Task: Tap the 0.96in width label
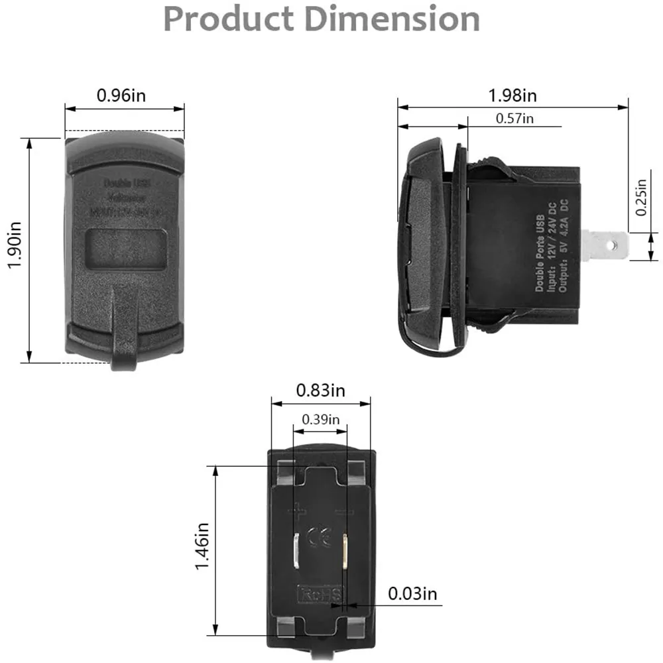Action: click(x=121, y=95)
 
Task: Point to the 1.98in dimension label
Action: click(x=512, y=95)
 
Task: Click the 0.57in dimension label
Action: click(x=514, y=119)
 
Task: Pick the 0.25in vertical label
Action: click(x=640, y=197)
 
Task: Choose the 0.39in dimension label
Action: click(x=320, y=420)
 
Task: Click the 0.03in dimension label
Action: click(x=412, y=593)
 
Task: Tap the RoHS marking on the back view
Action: click(x=322, y=593)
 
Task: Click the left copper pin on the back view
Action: click(x=294, y=552)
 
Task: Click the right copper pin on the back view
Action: click(x=345, y=552)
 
